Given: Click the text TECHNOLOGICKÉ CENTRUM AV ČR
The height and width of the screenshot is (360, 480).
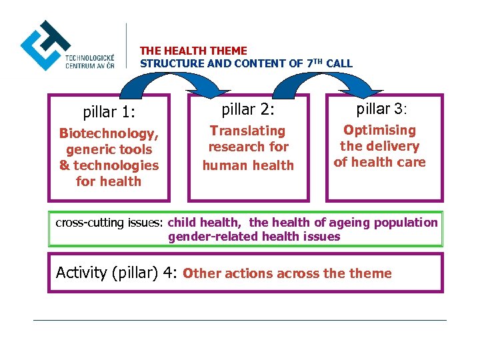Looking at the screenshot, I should [x=89, y=60].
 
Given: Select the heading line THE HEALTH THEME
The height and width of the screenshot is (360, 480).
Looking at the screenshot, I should [x=193, y=51].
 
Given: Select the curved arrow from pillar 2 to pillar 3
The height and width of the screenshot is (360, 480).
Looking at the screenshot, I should [x=327, y=80].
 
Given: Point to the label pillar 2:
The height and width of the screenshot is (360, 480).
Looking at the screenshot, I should [x=248, y=109].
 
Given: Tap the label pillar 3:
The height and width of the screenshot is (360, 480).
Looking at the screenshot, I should [x=386, y=108].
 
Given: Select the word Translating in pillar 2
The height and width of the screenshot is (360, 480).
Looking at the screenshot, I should [x=247, y=131].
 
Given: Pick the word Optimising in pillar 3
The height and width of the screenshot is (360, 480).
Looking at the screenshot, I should [x=379, y=130].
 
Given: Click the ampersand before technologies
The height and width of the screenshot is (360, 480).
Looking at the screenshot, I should [x=64, y=165].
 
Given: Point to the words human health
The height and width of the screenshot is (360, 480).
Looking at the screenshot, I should [x=248, y=165].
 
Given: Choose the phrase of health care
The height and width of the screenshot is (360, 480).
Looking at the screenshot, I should [x=379, y=162].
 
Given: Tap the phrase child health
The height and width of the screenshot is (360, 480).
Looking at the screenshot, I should [x=204, y=223].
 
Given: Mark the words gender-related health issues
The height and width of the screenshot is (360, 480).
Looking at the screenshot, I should [x=254, y=237].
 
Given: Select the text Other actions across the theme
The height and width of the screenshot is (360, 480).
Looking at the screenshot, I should [x=287, y=273].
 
